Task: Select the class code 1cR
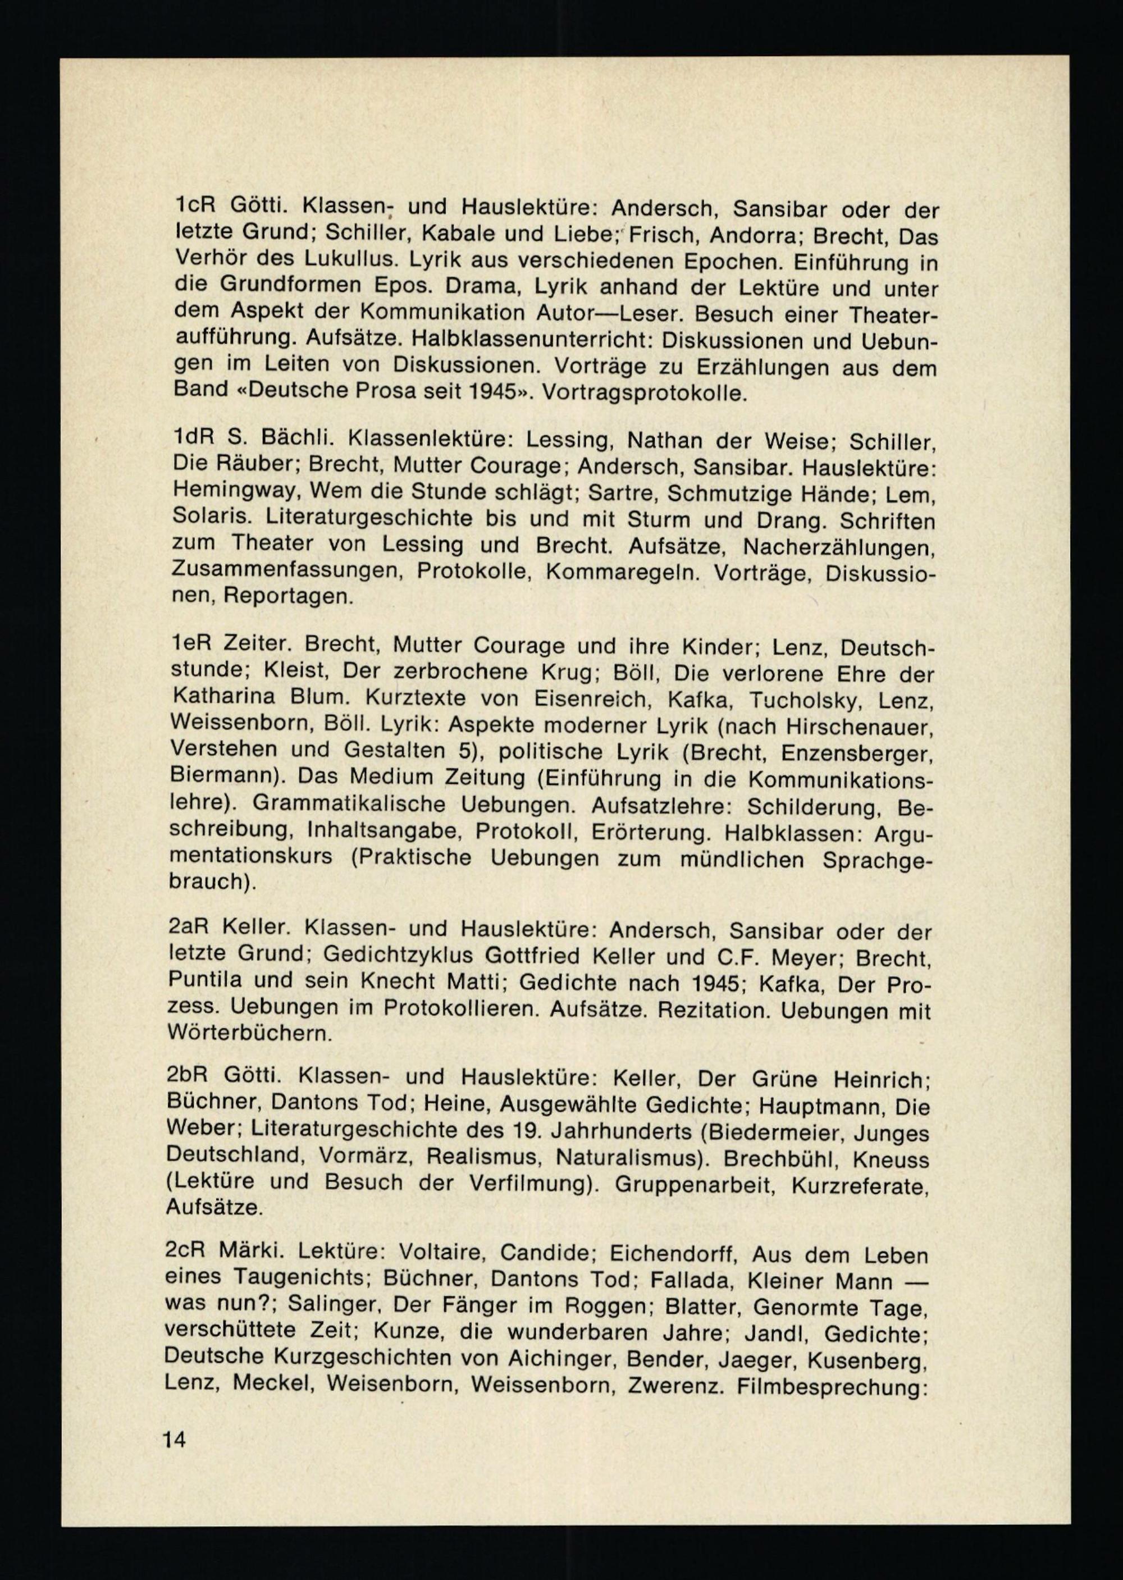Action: (x=195, y=206)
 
